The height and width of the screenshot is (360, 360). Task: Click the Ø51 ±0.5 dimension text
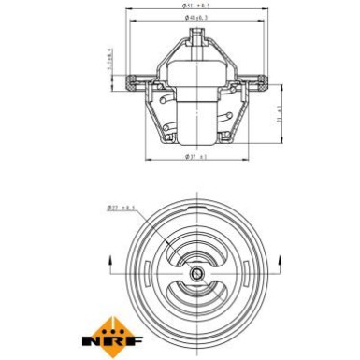[x=196, y=6]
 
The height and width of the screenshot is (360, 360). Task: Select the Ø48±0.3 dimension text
[x=196, y=18]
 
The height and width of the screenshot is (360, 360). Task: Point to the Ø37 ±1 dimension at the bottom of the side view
[x=195, y=156]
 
